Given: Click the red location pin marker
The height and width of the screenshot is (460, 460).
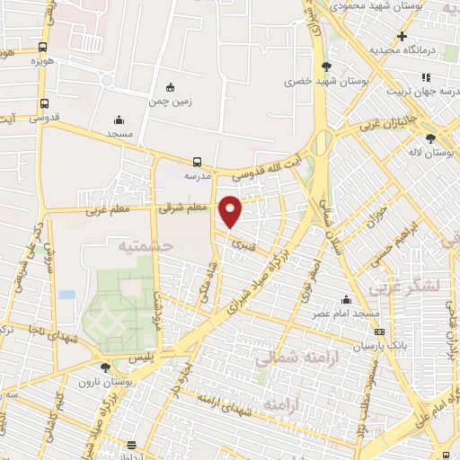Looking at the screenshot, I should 232,210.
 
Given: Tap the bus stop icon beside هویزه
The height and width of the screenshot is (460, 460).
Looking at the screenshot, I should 43,48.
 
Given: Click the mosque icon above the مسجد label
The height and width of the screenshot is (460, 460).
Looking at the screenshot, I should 119,120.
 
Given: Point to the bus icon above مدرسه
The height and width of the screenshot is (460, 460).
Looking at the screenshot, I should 197,163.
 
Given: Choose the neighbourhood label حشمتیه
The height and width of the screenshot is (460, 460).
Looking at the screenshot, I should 140,244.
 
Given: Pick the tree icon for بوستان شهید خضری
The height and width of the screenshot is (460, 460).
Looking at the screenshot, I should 326,66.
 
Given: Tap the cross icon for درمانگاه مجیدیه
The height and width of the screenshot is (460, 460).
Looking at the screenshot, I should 402,35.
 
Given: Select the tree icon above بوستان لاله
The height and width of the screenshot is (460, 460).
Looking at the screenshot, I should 431,138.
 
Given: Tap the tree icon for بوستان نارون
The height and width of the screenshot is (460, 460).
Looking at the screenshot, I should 106,367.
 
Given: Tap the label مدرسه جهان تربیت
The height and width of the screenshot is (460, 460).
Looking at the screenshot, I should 421,91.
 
